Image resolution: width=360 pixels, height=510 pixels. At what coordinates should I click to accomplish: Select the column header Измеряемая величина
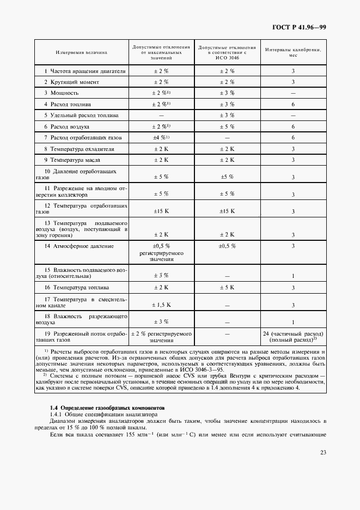point(81,52)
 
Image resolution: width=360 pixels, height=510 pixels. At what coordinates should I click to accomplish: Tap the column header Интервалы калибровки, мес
point(292,52)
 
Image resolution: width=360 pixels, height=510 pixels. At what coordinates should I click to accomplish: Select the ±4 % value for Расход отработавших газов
point(161,137)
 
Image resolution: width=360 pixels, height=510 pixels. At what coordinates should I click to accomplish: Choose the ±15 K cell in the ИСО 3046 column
point(227,211)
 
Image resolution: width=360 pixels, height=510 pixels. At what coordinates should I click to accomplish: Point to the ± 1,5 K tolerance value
point(161,305)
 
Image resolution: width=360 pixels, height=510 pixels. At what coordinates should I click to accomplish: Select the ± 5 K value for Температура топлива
point(227,287)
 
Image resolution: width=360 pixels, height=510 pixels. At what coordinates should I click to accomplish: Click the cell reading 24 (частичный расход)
point(293,333)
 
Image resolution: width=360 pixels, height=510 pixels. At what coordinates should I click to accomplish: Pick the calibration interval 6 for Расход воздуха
point(293,126)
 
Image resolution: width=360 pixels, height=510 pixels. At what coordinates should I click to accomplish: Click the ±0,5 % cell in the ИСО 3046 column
point(227,246)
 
